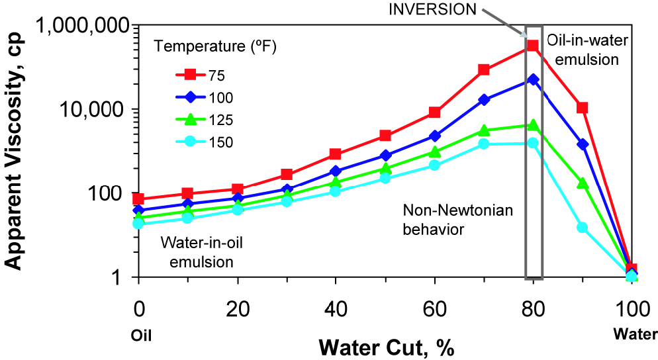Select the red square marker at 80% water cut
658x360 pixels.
[x=533, y=46]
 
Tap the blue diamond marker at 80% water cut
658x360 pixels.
[x=533, y=79]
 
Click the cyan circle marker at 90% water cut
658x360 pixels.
[x=583, y=227]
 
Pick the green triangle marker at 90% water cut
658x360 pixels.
[x=583, y=183]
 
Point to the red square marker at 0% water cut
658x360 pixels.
[x=138, y=199]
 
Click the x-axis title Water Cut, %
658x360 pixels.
[x=385, y=346]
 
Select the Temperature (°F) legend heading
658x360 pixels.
[x=215, y=47]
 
